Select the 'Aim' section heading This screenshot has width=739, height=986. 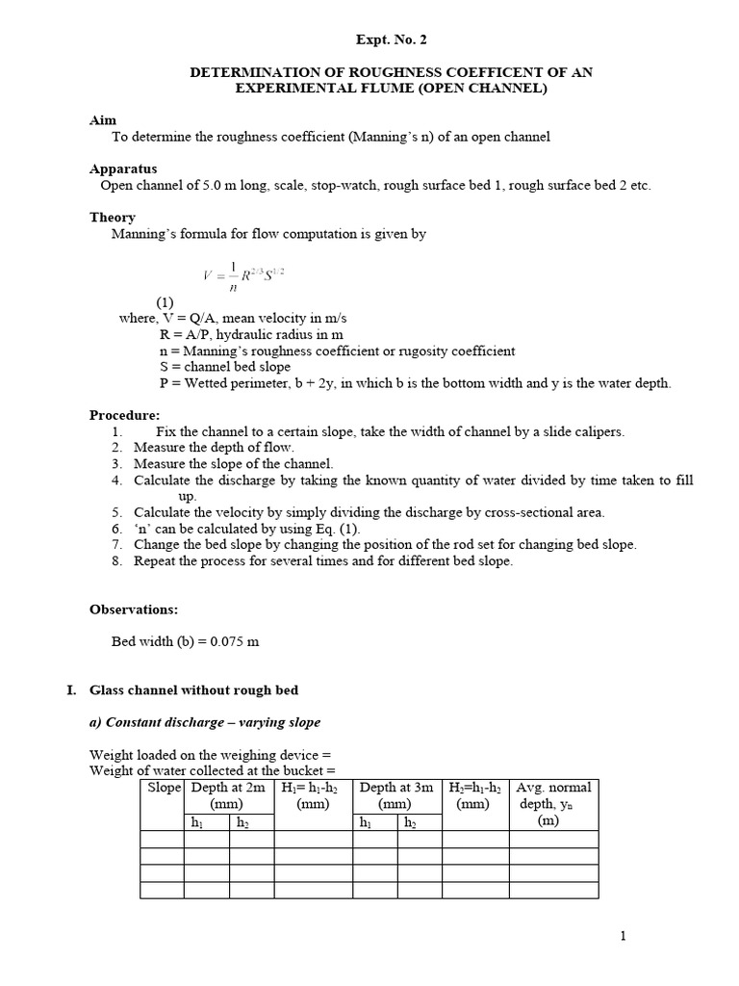(x=103, y=120)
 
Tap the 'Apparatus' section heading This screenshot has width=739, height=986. (x=123, y=169)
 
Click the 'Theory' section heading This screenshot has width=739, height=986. (x=113, y=217)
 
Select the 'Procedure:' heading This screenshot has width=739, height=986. (x=125, y=415)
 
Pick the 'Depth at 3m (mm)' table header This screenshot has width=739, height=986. (x=395, y=795)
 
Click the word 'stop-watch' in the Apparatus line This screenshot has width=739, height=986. (x=342, y=185)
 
